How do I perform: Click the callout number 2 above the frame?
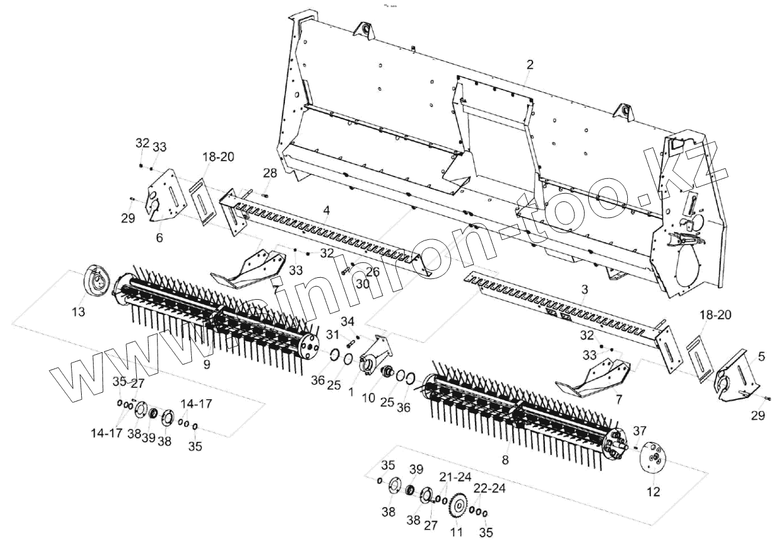point(529,64)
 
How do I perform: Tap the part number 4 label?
point(326,210)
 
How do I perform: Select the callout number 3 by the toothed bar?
point(585,289)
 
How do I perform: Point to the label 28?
point(270,174)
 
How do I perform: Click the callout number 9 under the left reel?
point(207,364)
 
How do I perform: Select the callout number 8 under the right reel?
point(505,459)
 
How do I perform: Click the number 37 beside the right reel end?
point(640,431)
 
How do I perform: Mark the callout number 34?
point(348,322)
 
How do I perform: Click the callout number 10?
point(368,397)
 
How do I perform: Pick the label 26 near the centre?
point(372,272)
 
